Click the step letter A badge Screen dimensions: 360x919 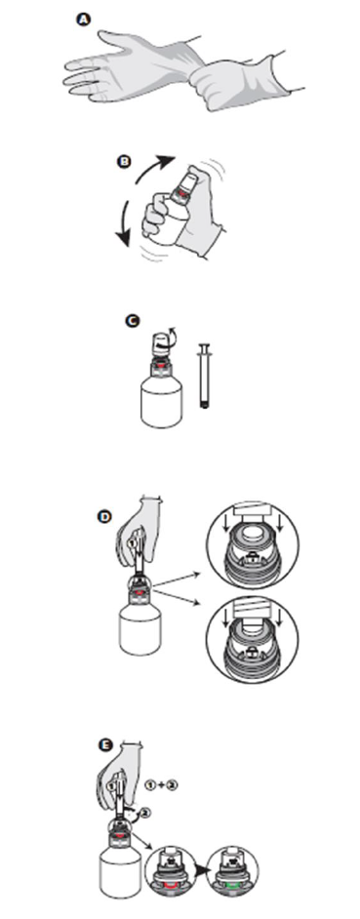tap(85, 20)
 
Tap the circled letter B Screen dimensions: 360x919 tap(124, 161)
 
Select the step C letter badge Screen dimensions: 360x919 tap(133, 321)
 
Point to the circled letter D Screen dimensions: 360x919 tap(104, 516)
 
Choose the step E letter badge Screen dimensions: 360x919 tap(105, 745)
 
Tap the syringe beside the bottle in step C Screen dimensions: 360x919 tap(205, 375)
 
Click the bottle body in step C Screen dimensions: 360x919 tap(162, 405)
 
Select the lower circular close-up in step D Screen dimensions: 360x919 tap(254, 638)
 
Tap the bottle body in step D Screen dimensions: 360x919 tap(140, 630)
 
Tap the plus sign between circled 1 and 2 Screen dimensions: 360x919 tap(161, 785)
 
